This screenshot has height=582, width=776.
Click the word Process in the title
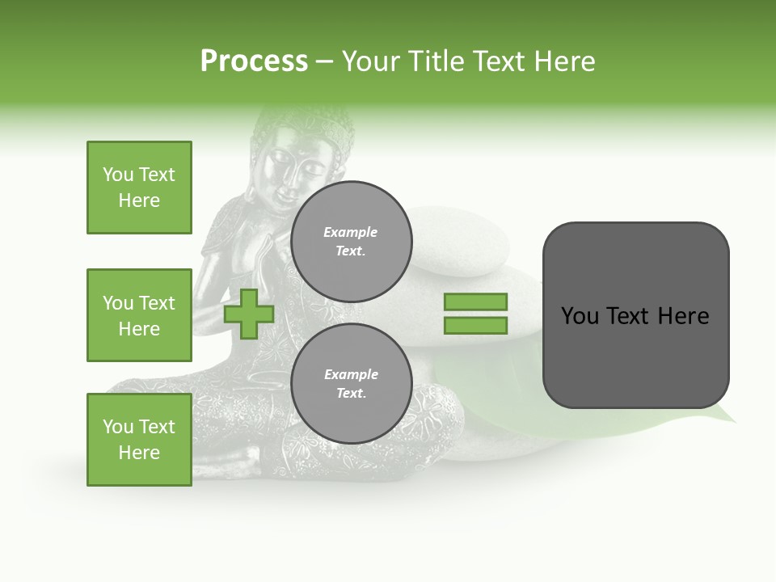[254, 61]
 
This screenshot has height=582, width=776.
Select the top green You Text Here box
[139, 188]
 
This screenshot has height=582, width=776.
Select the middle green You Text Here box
[139, 315]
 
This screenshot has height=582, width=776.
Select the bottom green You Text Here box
[139, 440]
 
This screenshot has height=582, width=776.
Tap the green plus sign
[249, 314]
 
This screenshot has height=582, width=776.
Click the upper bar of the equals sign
[475, 302]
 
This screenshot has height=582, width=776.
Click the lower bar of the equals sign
[475, 326]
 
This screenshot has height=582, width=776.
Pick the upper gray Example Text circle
[351, 242]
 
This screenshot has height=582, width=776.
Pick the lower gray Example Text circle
[351, 384]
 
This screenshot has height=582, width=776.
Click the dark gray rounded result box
[635, 315]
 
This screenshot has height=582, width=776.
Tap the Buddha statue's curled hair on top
[307, 121]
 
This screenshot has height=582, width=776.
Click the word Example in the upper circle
[350, 233]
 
